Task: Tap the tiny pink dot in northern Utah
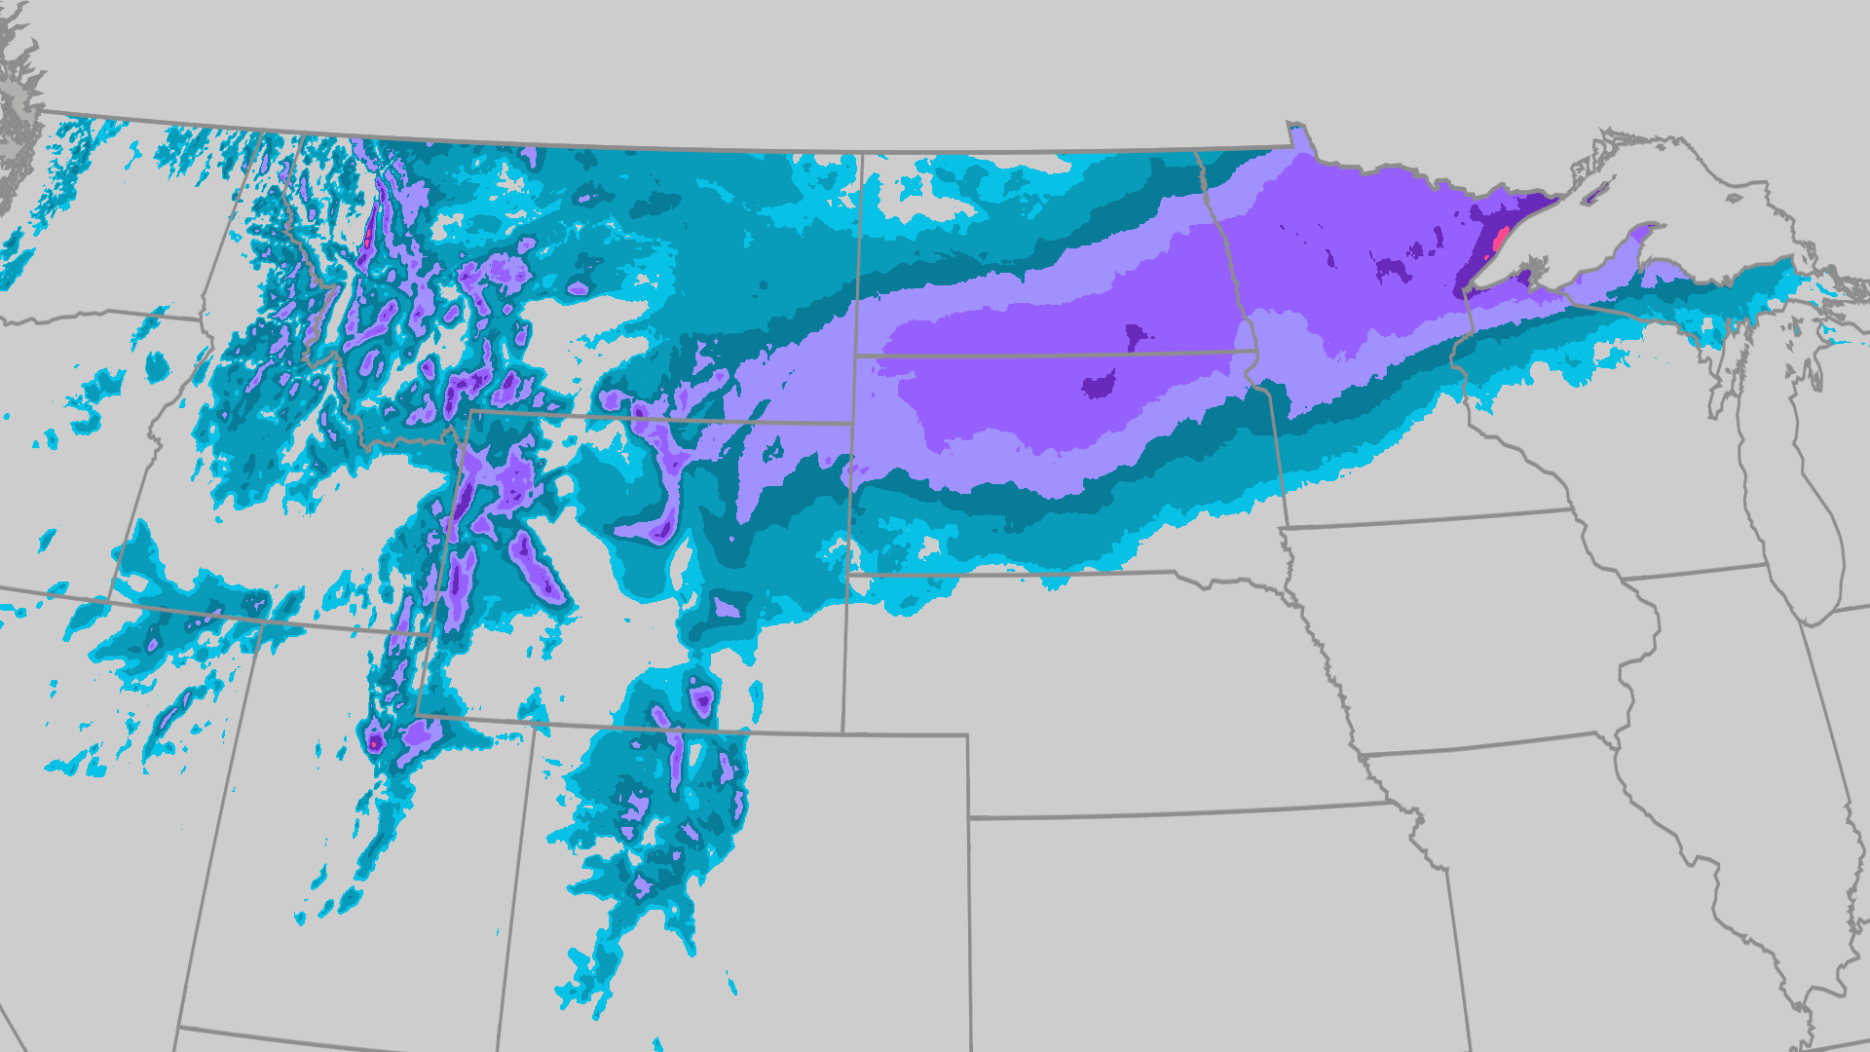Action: click(x=373, y=743)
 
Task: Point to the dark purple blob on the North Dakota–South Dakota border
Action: click(x=1135, y=338)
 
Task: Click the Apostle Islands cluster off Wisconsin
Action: click(x=1537, y=264)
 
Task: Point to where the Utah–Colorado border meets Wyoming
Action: click(x=535, y=724)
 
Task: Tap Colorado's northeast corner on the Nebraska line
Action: click(x=967, y=736)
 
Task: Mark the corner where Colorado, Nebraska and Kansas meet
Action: click(x=969, y=817)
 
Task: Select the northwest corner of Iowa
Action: click(x=1282, y=529)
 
